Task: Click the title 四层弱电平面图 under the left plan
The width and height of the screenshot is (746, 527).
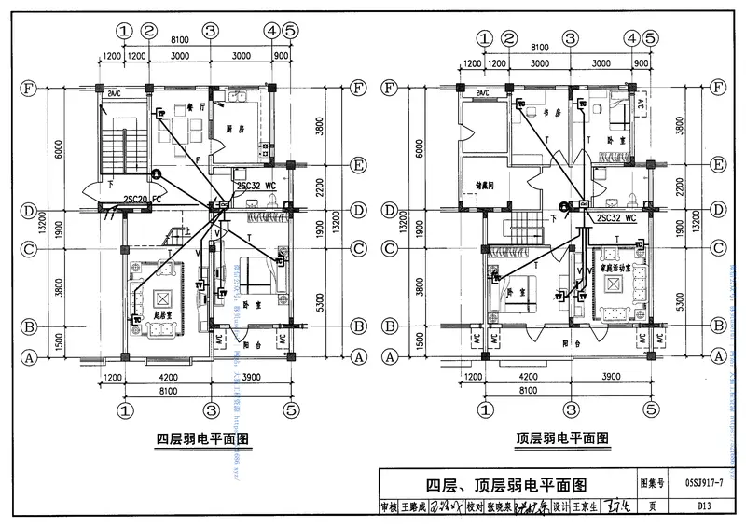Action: tap(202, 437)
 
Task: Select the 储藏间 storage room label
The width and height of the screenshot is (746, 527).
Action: tap(483, 185)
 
